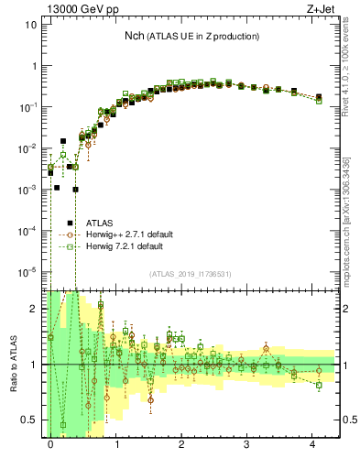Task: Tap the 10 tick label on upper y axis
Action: pyautogui.click(x=30, y=26)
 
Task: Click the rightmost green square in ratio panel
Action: pyautogui.click(x=319, y=386)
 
